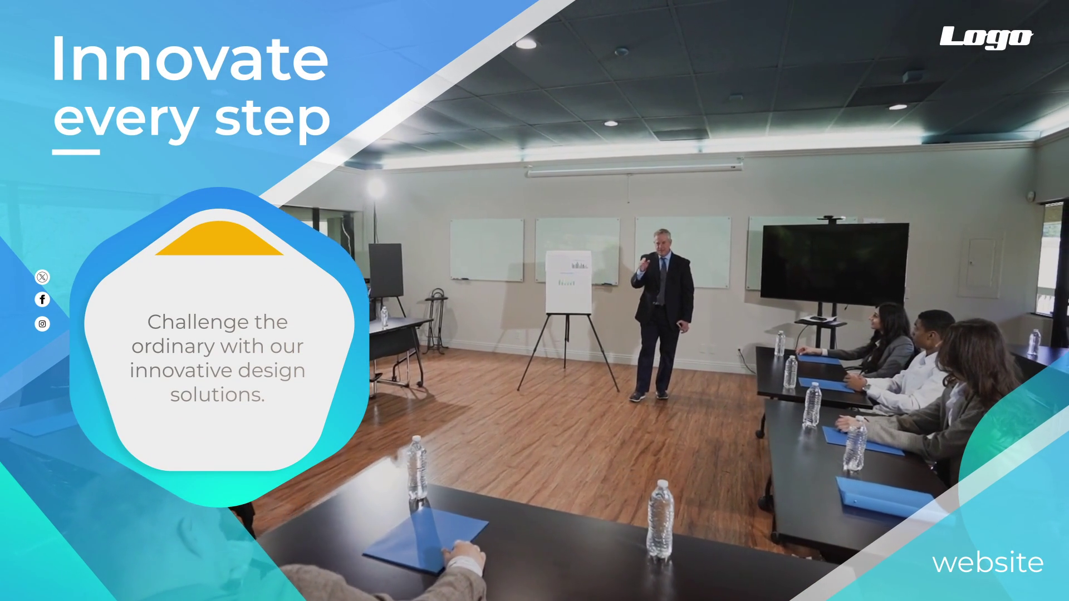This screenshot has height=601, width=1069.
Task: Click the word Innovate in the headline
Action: click(190, 59)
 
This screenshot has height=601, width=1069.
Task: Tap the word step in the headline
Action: click(273, 120)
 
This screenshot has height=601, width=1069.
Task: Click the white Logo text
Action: click(986, 37)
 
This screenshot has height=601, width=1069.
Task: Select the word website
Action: click(988, 563)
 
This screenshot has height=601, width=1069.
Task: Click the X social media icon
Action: click(42, 277)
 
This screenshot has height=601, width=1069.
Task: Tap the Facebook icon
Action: click(42, 299)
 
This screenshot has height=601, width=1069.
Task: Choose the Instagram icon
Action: click(42, 324)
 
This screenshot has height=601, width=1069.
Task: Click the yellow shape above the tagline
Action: click(219, 239)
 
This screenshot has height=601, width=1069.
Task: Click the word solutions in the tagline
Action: click(217, 395)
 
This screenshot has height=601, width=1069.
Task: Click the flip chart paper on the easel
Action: click(568, 282)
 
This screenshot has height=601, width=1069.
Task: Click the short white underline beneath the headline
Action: click(76, 152)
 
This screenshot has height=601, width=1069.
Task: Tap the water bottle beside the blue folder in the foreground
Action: click(417, 469)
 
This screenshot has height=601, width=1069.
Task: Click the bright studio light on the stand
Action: click(376, 188)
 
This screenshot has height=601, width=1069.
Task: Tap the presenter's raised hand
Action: click(644, 263)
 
